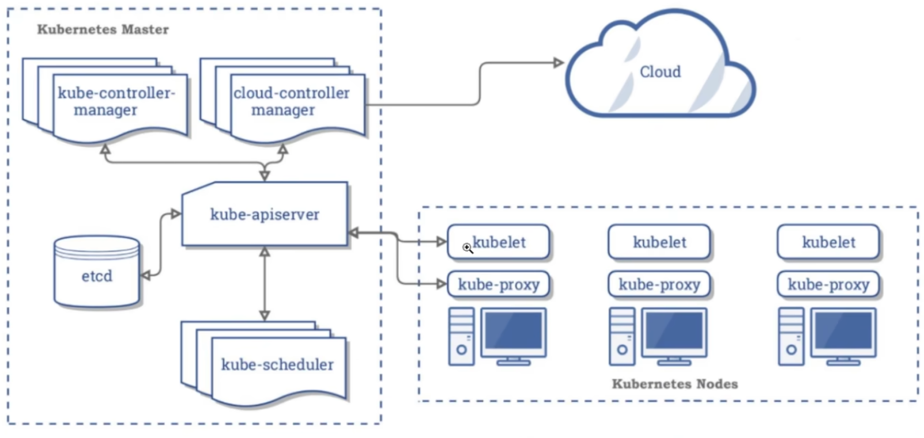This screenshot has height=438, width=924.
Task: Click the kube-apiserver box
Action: tap(265, 214)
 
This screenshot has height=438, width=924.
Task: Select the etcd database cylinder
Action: tap(97, 272)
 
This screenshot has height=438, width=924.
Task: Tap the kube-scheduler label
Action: tap(277, 364)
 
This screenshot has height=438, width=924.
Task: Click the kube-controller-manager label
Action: tap(115, 101)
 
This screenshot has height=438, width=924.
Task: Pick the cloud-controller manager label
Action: tap(291, 101)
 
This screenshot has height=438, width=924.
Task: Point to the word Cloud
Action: tap(660, 72)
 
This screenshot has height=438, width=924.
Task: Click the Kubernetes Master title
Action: tap(103, 29)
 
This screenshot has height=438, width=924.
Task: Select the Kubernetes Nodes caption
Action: tap(674, 384)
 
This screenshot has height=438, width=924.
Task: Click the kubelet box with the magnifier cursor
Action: tap(499, 242)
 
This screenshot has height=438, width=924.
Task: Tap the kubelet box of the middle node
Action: tap(659, 242)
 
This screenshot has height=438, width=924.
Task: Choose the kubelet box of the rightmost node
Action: tap(828, 242)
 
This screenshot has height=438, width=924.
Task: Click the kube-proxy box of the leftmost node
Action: tap(499, 284)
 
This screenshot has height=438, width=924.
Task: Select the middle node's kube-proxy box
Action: tap(659, 284)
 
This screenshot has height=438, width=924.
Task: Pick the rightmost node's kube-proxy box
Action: tap(828, 284)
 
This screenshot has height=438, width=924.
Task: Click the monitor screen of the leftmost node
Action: tap(514, 330)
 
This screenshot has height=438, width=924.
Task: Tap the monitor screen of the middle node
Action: tap(674, 330)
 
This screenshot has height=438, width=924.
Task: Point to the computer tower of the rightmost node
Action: tap(791, 337)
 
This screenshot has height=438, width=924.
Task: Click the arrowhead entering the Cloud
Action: tap(558, 63)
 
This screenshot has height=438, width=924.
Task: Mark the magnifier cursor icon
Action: tap(467, 248)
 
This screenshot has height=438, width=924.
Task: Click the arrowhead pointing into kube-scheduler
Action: tap(265, 315)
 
